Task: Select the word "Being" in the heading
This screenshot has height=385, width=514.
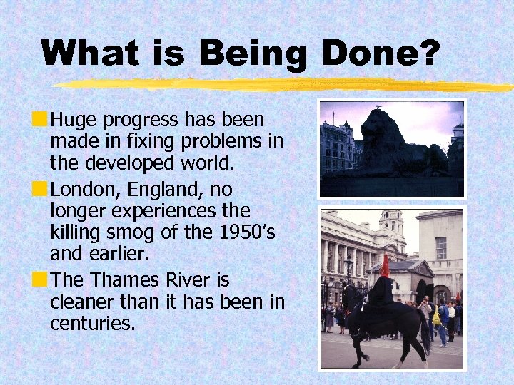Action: (x=250, y=53)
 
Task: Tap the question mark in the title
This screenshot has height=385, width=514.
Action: (x=427, y=53)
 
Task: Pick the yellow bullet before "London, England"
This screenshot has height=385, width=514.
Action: (x=44, y=189)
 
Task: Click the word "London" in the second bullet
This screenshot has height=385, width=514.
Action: (x=82, y=190)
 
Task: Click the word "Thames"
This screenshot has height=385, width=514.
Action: (x=123, y=280)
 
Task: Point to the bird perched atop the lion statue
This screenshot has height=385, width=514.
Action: (x=377, y=107)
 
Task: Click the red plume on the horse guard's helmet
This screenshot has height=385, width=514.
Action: (x=385, y=266)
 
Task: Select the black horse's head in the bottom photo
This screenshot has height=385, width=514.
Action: (x=350, y=294)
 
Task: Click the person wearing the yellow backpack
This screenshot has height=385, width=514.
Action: (x=436, y=316)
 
